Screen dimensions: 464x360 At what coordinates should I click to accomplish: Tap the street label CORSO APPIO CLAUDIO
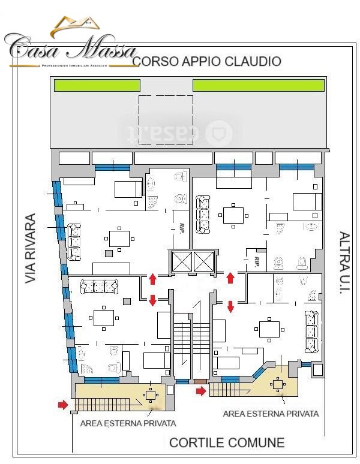click(x=206, y=61)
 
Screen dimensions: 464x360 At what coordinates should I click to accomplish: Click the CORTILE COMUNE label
click(x=227, y=443)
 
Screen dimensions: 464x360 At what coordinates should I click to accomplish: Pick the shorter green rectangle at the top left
click(x=97, y=85)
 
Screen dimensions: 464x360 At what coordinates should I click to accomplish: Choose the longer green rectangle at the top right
click(x=257, y=85)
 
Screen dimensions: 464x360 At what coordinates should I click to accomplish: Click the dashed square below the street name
click(x=166, y=120)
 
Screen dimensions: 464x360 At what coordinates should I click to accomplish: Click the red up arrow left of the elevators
click(x=152, y=278)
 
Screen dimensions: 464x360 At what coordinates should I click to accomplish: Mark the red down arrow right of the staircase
click(x=230, y=307)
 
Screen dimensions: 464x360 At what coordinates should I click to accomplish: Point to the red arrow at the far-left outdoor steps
click(x=62, y=405)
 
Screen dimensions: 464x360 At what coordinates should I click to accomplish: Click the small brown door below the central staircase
click(x=200, y=381)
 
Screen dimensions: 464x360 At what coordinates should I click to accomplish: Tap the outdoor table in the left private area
click(x=150, y=395)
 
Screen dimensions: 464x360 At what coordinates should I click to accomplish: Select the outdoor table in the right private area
click(x=278, y=385)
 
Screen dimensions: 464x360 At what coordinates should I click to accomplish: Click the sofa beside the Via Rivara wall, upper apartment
click(x=74, y=242)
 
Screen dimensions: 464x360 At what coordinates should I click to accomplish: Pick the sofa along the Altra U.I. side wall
click(x=311, y=332)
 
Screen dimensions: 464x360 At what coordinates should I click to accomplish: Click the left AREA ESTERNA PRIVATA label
click(x=128, y=423)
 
